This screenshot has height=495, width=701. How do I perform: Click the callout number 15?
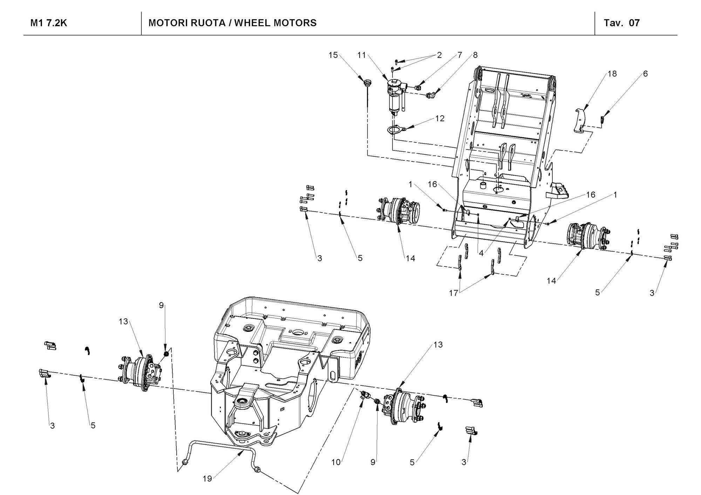(x=333, y=55)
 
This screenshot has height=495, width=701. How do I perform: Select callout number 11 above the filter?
(x=361, y=55)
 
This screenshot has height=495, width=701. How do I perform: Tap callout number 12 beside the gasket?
(x=440, y=118)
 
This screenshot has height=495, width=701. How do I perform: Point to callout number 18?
(x=612, y=74)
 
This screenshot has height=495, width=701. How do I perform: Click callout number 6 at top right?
(x=645, y=74)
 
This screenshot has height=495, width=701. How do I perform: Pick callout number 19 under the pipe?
(x=207, y=479)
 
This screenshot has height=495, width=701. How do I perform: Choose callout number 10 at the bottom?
(x=336, y=462)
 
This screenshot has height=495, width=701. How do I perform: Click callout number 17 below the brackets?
(x=454, y=293)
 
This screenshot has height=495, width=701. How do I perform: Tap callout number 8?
(x=475, y=55)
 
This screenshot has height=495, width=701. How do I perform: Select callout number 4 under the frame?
(x=481, y=253)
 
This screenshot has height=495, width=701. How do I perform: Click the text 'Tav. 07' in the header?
(x=622, y=23)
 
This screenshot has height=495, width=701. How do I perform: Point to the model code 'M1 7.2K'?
(x=49, y=23)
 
